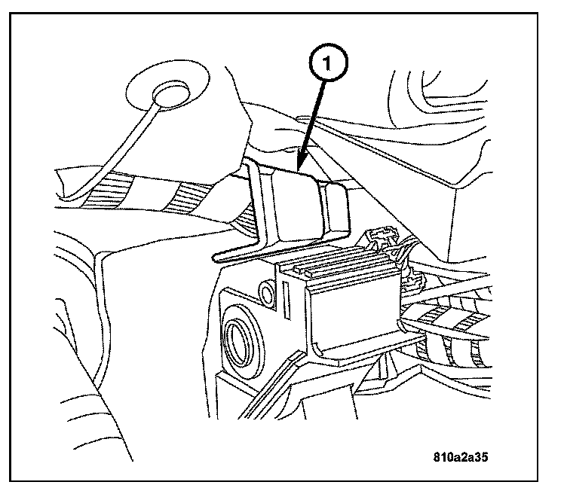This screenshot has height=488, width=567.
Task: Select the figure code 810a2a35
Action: [465, 457]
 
